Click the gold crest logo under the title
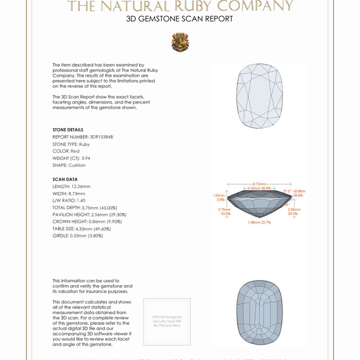pyautogui.click(x=180, y=42)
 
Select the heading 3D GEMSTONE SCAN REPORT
pyautogui.click(x=180, y=19)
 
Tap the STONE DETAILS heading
pyautogui.click(x=68, y=130)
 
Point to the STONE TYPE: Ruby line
pyautogui.click(x=71, y=144)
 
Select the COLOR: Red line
pyautogui.click(x=66, y=151)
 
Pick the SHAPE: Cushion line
pyautogui.click(x=69, y=165)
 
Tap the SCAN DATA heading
pyautogui.click(x=65, y=180)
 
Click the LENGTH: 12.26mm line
pyautogui.click(x=72, y=186)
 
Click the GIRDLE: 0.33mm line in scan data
pyautogui.click(x=78, y=236)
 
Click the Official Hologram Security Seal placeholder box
pyautogui.click(x=167, y=321)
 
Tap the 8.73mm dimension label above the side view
pyautogui.click(x=260, y=184)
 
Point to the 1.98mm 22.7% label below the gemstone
pyautogui.click(x=260, y=222)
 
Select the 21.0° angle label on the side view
pyautogui.click(x=287, y=191)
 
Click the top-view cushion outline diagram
pyautogui.click(x=260, y=96)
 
